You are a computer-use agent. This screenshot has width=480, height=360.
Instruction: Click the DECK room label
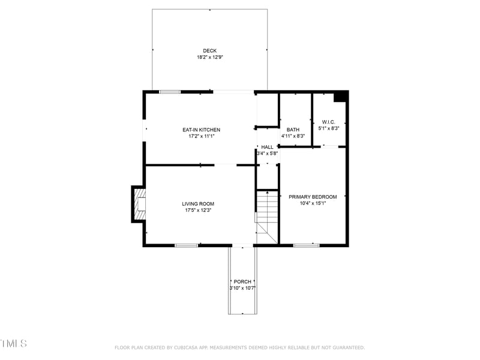[209, 50]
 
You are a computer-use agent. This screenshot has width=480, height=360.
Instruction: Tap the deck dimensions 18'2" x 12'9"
[209, 58]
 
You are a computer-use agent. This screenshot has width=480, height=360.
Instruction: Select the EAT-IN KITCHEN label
[201, 130]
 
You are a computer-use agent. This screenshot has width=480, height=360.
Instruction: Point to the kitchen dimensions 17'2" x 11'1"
[201, 136]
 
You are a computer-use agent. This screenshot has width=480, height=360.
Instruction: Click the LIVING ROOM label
[198, 203]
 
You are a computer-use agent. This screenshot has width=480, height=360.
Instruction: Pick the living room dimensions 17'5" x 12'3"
[198, 210]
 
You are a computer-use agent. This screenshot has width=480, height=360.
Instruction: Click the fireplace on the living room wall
[139, 204]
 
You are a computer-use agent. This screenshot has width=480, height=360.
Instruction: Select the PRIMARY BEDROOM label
[313, 197]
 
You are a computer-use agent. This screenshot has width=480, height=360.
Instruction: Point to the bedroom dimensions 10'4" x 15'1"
[313, 203]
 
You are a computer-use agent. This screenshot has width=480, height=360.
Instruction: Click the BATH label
[293, 130]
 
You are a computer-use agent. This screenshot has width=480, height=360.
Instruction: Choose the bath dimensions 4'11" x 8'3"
[293, 136]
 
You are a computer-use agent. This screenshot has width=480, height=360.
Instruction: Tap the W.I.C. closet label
[328, 122]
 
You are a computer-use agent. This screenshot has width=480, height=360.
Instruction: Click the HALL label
[267, 147]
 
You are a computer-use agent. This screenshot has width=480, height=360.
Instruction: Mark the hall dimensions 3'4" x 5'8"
[267, 154]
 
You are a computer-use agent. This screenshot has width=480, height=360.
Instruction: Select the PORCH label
[242, 281]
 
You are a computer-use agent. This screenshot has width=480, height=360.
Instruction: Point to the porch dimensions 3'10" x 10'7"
[242, 288]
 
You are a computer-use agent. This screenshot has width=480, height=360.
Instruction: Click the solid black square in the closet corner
[340, 97]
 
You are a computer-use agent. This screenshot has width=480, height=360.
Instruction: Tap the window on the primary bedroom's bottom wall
[306, 245]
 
